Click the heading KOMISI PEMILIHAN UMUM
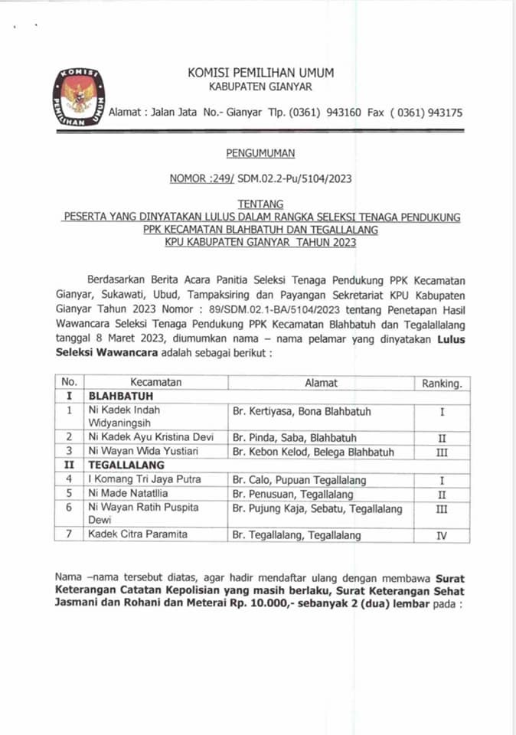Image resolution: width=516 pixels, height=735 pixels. pyautogui.click(x=260, y=73)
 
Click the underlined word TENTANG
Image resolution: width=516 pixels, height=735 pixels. pyautogui.click(x=260, y=204)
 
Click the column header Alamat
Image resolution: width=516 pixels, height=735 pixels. pyautogui.click(x=321, y=383)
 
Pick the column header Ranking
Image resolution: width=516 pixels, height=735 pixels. pyautogui.click(x=442, y=383)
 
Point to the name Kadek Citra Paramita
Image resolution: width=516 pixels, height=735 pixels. pyautogui.click(x=137, y=534)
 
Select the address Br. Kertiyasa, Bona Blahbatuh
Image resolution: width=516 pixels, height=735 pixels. pyautogui.click(x=301, y=411)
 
